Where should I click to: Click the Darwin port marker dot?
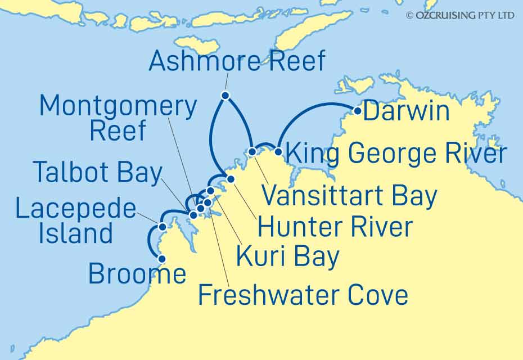click(x=357, y=111)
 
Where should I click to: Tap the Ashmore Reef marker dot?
click(x=225, y=96)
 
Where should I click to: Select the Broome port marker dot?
click(x=163, y=259)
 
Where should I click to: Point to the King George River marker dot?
click(x=278, y=150)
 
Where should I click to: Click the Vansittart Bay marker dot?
click(x=253, y=151)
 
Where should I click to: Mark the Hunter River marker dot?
click(x=231, y=179)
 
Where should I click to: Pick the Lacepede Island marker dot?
click(x=163, y=227)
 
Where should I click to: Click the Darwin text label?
click(x=407, y=111)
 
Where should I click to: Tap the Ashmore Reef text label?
click(x=237, y=61)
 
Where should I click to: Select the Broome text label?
click(x=137, y=274)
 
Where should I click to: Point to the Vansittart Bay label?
click(x=349, y=196)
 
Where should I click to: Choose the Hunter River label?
click(x=335, y=227)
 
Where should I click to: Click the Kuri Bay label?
click(x=287, y=256)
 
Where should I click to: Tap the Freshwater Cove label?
click(x=303, y=295)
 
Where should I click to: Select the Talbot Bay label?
click(x=97, y=172)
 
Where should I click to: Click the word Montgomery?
click(x=118, y=106)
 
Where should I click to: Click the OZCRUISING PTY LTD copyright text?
click(x=460, y=16)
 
